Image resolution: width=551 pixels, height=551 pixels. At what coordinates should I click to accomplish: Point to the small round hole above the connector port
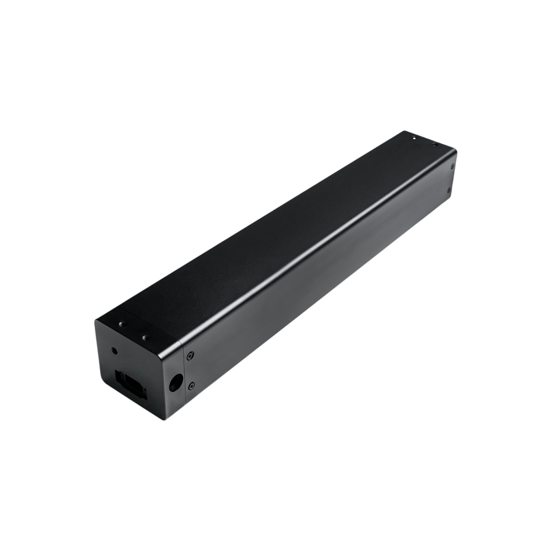(114, 350)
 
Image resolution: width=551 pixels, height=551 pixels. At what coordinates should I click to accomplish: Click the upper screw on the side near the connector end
(190, 356)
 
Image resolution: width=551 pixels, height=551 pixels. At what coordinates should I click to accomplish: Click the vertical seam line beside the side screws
(184, 375)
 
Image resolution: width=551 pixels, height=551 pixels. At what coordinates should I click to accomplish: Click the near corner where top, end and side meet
(182, 344)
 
